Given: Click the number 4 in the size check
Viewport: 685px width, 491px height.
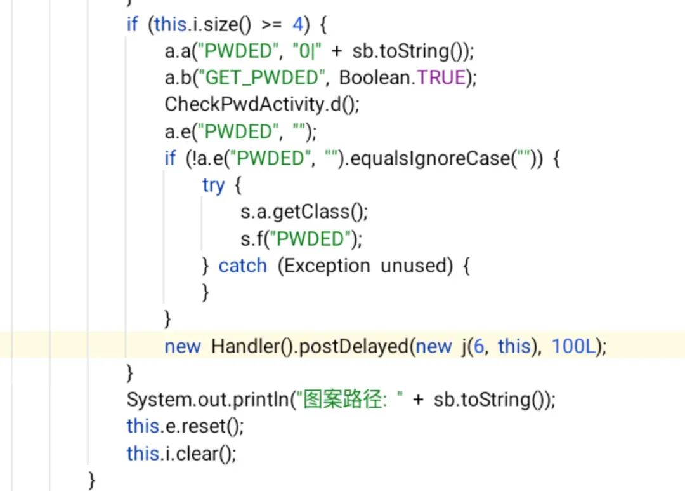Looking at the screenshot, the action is point(298,25).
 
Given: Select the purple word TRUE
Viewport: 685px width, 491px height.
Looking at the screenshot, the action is point(441,78).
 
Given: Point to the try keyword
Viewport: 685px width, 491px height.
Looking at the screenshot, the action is point(214,185).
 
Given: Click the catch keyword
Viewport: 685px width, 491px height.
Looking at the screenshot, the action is point(242,266).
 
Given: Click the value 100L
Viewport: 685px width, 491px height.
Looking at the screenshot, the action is point(573,346).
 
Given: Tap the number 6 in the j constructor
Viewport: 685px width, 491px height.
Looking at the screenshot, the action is point(480,347).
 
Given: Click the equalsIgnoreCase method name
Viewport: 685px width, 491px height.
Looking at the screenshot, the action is point(430,158).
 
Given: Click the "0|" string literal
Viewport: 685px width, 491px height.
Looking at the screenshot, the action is point(307,51).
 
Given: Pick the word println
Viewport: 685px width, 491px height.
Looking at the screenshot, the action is point(261,400).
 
